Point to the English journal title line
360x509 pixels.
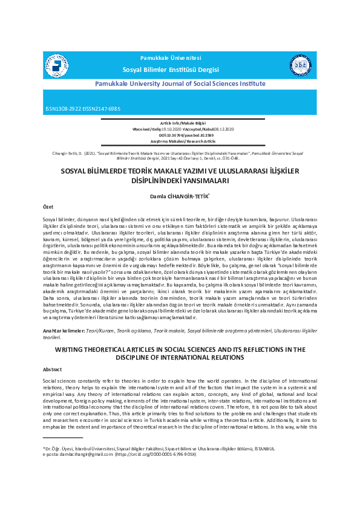pyautogui.click(x=180, y=83)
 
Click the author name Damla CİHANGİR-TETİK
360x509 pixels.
pyautogui.click(x=180, y=196)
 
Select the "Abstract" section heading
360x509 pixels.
pyautogui.click(x=52, y=369)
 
